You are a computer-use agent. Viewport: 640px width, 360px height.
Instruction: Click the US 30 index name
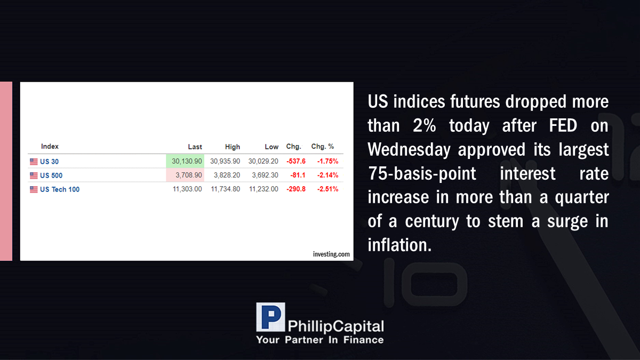pyautogui.click(x=49, y=162)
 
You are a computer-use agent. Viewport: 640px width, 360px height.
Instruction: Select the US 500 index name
pyautogui.click(x=51, y=175)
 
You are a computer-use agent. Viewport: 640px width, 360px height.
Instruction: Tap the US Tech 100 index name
pyautogui.click(x=60, y=189)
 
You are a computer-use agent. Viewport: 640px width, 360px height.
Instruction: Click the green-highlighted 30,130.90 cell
pyautogui.click(x=185, y=161)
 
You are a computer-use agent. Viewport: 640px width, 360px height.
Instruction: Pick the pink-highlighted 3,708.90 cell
pyautogui.click(x=185, y=175)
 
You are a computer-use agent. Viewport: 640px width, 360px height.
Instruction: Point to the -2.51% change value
pyautogui.click(x=327, y=189)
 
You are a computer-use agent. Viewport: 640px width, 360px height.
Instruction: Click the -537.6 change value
pyautogui.click(x=296, y=161)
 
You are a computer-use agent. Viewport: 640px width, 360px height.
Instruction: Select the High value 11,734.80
pyautogui.click(x=226, y=189)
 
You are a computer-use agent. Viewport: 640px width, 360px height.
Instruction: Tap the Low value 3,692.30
pyautogui.click(x=265, y=175)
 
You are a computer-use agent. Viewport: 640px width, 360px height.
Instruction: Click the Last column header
pyautogui.click(x=195, y=147)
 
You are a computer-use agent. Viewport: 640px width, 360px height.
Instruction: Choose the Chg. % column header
pyautogui.click(x=323, y=146)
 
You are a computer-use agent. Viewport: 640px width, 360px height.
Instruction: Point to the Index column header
pyautogui.click(x=50, y=146)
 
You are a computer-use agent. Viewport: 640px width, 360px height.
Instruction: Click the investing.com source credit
pyautogui.click(x=331, y=254)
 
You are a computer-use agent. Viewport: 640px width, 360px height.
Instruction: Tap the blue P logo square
pyautogui.click(x=270, y=317)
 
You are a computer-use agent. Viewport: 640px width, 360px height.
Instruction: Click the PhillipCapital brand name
pyautogui.click(x=335, y=326)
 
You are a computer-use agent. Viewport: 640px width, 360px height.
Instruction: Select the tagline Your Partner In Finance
pyautogui.click(x=319, y=340)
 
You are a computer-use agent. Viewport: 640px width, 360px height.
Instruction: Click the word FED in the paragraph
pyautogui.click(x=563, y=126)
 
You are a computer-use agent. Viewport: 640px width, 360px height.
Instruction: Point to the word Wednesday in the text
pyautogui.click(x=409, y=150)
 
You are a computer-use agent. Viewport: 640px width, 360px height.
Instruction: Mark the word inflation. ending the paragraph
pyautogui.click(x=399, y=245)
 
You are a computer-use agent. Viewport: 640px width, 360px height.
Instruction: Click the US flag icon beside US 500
pyautogui.click(x=34, y=175)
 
